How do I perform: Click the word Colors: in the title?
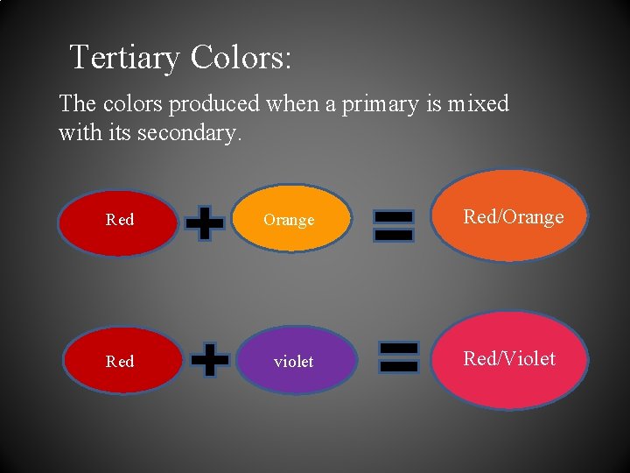(x=241, y=58)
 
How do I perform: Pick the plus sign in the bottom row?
(x=210, y=359)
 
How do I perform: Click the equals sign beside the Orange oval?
(x=394, y=224)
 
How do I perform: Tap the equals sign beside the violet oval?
(x=399, y=357)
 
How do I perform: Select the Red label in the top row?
(x=120, y=220)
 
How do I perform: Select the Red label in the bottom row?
(x=120, y=361)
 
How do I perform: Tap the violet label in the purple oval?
(x=293, y=362)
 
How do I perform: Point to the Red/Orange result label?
(x=514, y=217)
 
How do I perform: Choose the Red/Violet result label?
(x=509, y=358)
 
